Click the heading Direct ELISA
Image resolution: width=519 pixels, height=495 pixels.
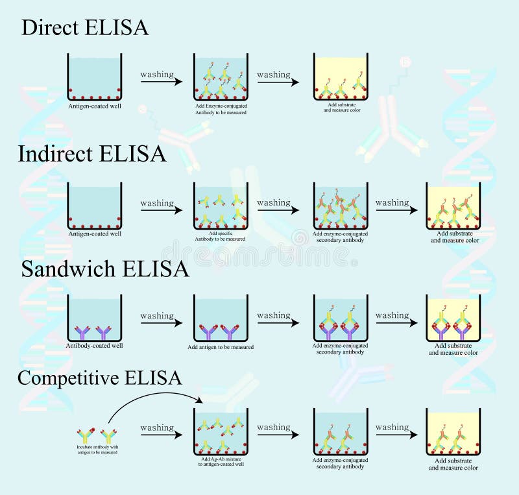tap(85, 27)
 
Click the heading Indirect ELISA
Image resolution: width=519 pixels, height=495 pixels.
tap(92, 154)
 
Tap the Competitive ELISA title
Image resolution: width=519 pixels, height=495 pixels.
tap(99, 378)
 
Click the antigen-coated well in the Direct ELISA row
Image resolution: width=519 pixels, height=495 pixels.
tap(94, 77)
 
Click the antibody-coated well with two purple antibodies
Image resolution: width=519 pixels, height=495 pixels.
tap(94, 318)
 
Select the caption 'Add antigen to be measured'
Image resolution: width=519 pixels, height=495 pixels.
tap(221, 347)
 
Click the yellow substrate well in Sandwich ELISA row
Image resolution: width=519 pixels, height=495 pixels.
tap(453, 318)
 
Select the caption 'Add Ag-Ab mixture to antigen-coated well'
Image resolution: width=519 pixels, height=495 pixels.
tap(221, 462)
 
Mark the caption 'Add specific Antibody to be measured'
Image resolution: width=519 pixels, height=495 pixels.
tap(221, 236)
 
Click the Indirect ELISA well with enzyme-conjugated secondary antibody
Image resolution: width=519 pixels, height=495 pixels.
tap(341, 206)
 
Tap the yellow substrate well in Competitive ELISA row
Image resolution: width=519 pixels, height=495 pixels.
tap(453, 431)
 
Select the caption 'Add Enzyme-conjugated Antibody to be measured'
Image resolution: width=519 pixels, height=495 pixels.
tap(221, 108)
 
